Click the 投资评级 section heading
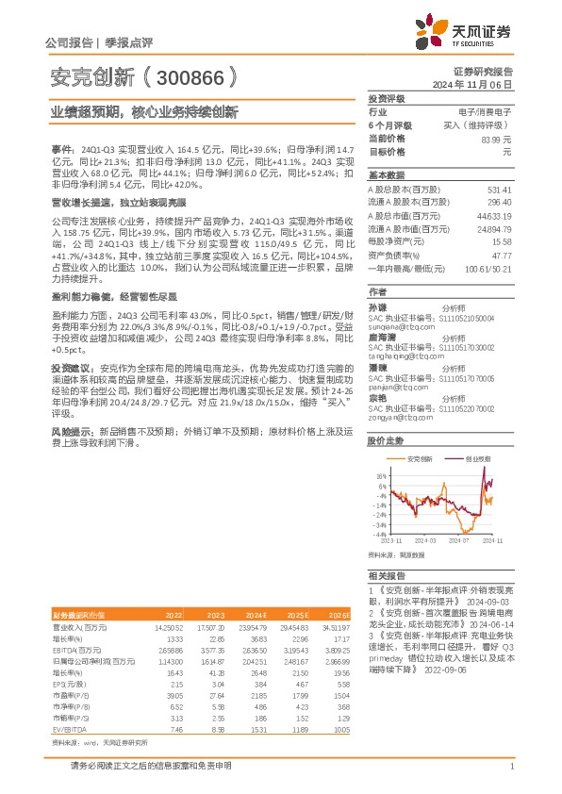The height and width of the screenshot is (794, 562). click(386, 98)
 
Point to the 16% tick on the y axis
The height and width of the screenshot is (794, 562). click(380, 475)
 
